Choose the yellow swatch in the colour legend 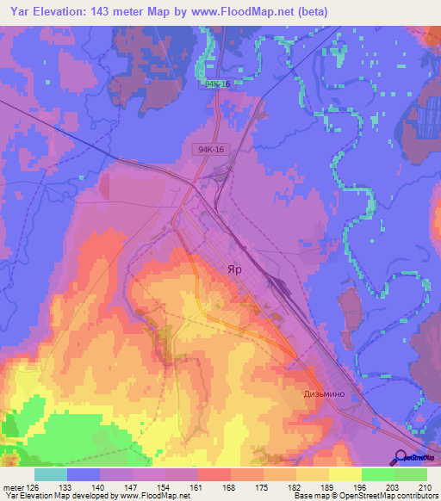[345, 474]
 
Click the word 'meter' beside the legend [13, 486]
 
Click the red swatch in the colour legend [214, 474]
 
